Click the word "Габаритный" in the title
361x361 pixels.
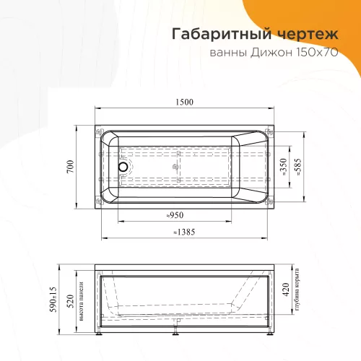[x=209, y=33]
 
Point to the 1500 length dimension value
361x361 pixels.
[x=183, y=102]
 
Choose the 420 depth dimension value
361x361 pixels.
[x=286, y=291]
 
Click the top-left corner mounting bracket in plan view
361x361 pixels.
[x=98, y=132]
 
